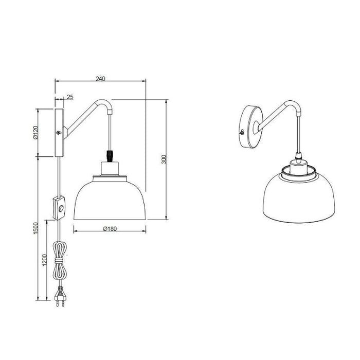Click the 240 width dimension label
tap(100, 79)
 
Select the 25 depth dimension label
tap(70, 97)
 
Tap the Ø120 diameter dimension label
tap(35, 132)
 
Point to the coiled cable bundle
tap(60, 260)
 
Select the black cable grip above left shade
tap(109, 154)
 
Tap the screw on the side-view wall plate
tap(59, 133)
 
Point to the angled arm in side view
tap(82, 116)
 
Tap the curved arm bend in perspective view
tap(297, 107)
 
